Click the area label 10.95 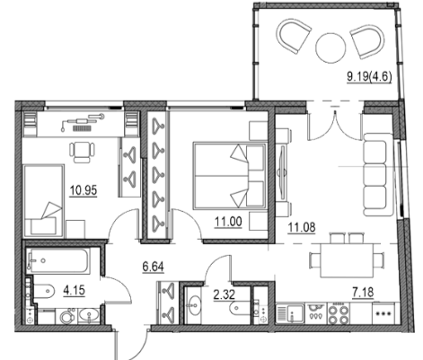tap(84, 190)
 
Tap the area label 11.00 tap(228, 222)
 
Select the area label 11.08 tap(302, 227)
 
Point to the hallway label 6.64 tap(153, 267)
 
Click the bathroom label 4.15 tap(75, 290)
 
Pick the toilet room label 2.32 tap(224, 294)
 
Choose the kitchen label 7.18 tap(363, 292)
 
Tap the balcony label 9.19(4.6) tap(369, 76)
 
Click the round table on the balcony tap(330, 48)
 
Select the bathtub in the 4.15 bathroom tap(59, 260)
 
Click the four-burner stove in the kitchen tap(339, 313)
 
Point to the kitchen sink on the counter tap(289, 313)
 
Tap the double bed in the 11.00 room tap(230, 176)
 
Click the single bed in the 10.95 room tap(44, 200)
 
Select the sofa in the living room tap(378, 174)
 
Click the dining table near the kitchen tap(348, 260)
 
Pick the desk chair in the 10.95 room tap(82, 153)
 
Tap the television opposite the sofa tap(282, 173)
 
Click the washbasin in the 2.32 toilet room tap(194, 305)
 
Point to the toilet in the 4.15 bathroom tap(44, 291)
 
